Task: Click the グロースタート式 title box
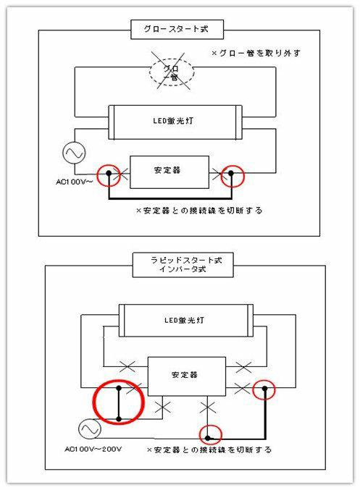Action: tap(177, 30)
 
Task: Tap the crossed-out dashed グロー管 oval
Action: tap(172, 72)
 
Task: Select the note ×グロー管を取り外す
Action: tap(256, 53)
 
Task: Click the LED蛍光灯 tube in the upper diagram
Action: tap(175, 122)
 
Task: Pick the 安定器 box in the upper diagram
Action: tap(169, 172)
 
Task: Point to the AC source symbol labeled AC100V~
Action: tap(75, 153)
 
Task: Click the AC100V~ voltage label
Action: tap(74, 182)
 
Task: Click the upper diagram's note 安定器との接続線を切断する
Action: tap(199, 211)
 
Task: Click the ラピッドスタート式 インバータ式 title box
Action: tap(183, 265)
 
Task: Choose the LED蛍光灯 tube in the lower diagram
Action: tap(186, 321)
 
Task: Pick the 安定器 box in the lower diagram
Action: tap(187, 376)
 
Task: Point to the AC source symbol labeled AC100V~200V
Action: tap(90, 429)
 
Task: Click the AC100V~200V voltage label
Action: tap(93, 449)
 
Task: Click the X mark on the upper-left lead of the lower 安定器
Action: tap(127, 366)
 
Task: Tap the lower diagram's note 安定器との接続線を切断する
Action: tap(209, 450)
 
